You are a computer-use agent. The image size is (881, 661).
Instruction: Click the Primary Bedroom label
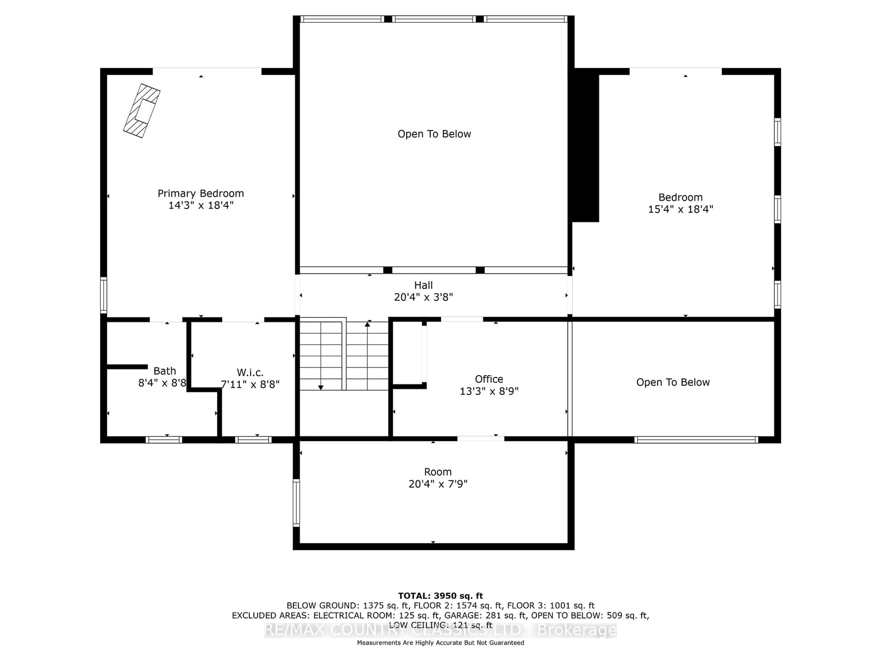(x=201, y=194)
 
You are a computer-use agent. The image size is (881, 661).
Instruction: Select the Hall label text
(x=423, y=285)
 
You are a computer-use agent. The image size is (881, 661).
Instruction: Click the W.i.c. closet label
(x=250, y=373)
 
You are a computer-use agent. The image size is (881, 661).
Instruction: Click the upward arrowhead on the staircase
(x=367, y=324)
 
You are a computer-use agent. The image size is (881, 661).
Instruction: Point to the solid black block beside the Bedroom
(x=585, y=147)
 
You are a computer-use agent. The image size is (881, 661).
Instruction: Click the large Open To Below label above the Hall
(x=434, y=134)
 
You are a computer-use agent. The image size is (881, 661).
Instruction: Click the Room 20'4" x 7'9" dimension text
(x=438, y=484)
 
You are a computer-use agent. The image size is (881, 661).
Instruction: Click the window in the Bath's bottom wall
(x=164, y=440)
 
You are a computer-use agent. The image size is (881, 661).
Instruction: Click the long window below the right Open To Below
(x=696, y=440)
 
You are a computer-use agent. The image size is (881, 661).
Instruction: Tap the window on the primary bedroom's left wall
(x=103, y=295)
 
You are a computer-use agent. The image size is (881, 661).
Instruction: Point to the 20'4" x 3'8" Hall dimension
(x=423, y=297)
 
